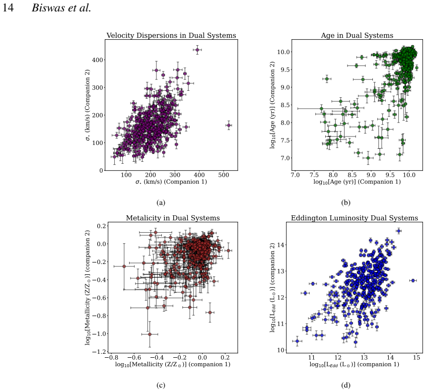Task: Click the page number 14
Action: coord(8,7)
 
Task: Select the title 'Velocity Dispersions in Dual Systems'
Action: coord(171,35)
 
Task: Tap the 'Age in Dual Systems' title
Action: coord(357,35)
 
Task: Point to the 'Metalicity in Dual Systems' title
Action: coord(173,218)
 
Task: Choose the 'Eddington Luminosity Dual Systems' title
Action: coord(355,218)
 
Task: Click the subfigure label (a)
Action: coord(161,202)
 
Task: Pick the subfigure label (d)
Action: coord(346,385)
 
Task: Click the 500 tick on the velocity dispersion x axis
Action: coord(223,175)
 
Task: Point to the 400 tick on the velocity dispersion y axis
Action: coord(97,60)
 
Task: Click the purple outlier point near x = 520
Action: coord(229,125)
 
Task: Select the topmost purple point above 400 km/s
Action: coord(198,50)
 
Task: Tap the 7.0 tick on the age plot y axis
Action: coord(284,158)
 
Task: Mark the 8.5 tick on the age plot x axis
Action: coord(352,175)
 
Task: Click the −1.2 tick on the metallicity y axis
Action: coord(99,352)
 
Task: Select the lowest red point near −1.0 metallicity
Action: coord(150,334)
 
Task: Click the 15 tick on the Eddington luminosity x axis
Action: coord(417,357)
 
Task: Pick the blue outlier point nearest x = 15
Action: coord(413,280)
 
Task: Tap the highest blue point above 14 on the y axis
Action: coord(399,231)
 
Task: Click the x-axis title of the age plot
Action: coord(357,182)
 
